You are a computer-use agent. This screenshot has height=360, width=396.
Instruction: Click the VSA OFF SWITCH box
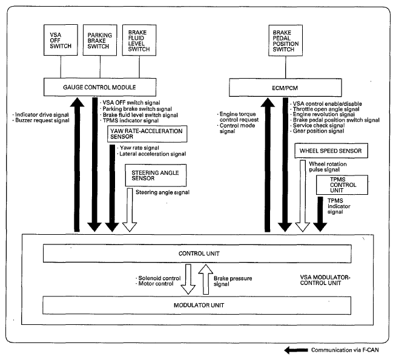tap(61, 40)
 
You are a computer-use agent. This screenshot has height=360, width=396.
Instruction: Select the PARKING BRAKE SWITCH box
tap(100, 40)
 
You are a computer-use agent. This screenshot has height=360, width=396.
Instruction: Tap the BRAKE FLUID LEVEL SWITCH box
tap(139, 40)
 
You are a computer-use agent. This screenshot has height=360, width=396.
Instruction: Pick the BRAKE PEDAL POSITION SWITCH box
tap(286, 41)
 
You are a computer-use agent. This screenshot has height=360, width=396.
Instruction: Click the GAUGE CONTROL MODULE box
tap(100, 87)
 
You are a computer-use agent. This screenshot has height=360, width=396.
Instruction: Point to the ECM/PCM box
tap(285, 88)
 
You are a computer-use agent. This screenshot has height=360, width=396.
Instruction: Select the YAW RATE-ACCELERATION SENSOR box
tap(147, 134)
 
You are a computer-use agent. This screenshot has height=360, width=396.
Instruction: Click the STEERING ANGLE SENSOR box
tap(156, 175)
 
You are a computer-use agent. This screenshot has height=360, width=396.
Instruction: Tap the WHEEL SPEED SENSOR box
tap(331, 151)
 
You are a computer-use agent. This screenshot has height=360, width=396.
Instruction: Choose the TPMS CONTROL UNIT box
tap(342, 185)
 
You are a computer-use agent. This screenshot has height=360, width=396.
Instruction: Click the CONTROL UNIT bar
tap(197, 254)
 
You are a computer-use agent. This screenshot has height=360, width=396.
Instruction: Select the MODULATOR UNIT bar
tap(197, 306)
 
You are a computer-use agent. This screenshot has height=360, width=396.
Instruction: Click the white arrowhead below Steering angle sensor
tap(130, 227)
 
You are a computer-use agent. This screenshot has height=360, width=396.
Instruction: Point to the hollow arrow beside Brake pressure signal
tap(206, 280)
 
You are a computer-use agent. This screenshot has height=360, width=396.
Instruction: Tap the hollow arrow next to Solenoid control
tap(188, 280)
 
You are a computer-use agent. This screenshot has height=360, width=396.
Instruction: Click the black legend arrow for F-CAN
tap(296, 350)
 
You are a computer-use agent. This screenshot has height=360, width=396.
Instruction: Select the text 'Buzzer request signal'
tap(42, 120)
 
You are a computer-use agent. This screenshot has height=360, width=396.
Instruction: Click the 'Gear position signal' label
tap(318, 131)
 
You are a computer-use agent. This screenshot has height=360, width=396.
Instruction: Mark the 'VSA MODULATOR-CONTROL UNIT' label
tap(325, 280)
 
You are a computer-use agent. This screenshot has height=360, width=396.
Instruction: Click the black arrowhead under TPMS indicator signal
tap(320, 227)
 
